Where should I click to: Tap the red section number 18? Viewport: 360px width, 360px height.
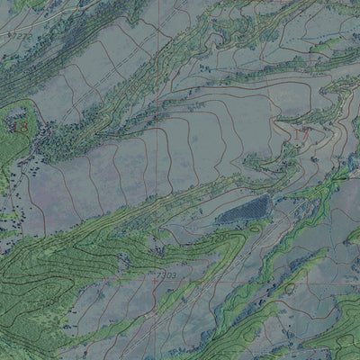19,128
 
